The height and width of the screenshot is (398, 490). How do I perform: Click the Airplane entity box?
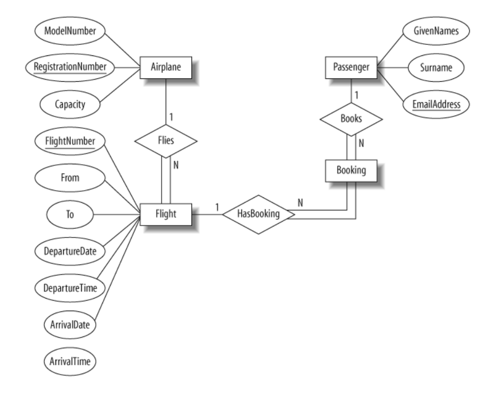166,68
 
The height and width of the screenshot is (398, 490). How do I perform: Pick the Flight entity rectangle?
166,214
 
